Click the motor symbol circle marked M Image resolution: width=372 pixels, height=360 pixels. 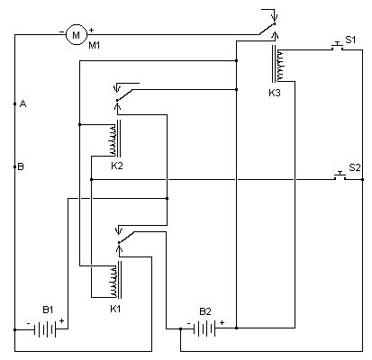click(77, 33)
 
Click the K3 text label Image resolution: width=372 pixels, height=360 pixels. click(275, 92)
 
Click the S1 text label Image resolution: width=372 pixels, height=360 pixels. click(351, 39)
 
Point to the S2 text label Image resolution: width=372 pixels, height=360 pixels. click(354, 167)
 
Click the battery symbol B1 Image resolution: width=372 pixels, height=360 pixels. click(47, 328)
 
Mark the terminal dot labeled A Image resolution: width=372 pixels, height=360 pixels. click(15, 104)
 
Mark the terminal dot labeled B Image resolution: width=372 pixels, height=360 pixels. click(15, 166)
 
